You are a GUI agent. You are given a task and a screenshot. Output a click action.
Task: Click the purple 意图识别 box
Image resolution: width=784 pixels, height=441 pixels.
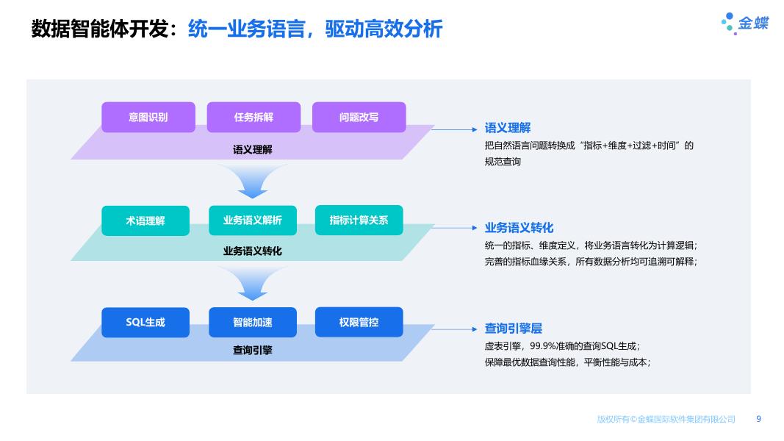[x=148, y=117]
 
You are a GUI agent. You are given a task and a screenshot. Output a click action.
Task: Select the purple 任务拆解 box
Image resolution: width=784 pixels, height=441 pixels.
[x=253, y=117]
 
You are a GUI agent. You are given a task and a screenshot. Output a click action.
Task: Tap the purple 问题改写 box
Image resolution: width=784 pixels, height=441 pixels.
[x=359, y=117]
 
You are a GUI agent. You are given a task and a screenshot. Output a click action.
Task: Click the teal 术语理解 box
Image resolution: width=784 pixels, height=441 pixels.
[x=145, y=220]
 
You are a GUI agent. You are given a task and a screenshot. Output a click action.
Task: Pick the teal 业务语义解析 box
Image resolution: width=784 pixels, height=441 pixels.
[x=252, y=220]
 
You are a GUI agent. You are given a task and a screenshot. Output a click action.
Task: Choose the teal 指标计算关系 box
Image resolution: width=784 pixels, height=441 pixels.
[x=359, y=220]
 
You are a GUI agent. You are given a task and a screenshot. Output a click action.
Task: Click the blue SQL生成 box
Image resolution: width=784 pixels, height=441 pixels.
[x=145, y=322]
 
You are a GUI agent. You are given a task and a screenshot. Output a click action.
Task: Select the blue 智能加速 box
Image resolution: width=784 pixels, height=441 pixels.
[x=252, y=322]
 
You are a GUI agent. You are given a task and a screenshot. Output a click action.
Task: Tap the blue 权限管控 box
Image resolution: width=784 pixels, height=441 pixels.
[x=359, y=322]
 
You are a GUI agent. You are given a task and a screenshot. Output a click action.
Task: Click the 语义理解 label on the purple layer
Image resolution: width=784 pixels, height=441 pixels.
[x=252, y=149]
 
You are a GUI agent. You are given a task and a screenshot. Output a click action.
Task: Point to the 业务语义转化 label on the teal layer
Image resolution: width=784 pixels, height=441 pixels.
[x=252, y=251]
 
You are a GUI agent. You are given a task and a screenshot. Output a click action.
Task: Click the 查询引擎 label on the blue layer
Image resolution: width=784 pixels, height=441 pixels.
[x=252, y=351]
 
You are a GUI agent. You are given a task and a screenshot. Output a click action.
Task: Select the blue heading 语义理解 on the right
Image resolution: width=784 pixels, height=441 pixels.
[x=507, y=128]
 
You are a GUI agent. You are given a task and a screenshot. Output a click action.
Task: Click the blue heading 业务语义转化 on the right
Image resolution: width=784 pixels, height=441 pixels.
[x=519, y=228]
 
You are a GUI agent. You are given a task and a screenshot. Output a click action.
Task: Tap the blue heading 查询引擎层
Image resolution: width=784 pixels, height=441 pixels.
[x=513, y=329]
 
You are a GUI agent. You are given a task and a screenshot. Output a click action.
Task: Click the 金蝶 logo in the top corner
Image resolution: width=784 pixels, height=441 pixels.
[x=744, y=23]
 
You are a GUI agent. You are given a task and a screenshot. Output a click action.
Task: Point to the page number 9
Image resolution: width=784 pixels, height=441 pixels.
[x=758, y=419]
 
